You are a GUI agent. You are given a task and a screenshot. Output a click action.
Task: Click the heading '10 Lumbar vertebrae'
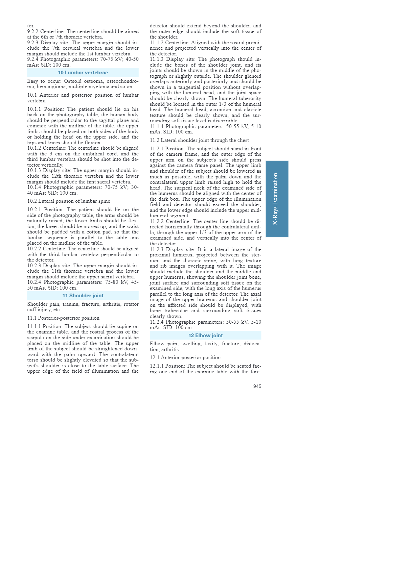83,73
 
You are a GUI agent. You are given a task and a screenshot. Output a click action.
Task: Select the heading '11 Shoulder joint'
83,296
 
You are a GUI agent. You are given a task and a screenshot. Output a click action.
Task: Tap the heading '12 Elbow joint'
205,335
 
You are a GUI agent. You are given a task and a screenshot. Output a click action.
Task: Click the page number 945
257,386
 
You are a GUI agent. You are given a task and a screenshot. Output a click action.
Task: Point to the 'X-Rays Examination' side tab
277,199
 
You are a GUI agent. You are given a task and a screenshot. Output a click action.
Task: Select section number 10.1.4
34,187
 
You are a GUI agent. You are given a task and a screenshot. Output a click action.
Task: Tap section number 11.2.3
157,249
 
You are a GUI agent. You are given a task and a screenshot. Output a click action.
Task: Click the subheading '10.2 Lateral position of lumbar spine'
69,201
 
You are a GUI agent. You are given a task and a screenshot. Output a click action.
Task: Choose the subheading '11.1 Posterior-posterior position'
63,318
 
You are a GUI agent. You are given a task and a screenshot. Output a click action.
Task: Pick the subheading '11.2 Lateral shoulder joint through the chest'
199,140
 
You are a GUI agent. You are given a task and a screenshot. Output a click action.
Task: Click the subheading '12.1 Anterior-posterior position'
185,357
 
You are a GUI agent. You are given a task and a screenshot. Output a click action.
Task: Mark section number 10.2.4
34,282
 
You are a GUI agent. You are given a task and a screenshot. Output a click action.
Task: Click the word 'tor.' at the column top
31,26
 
